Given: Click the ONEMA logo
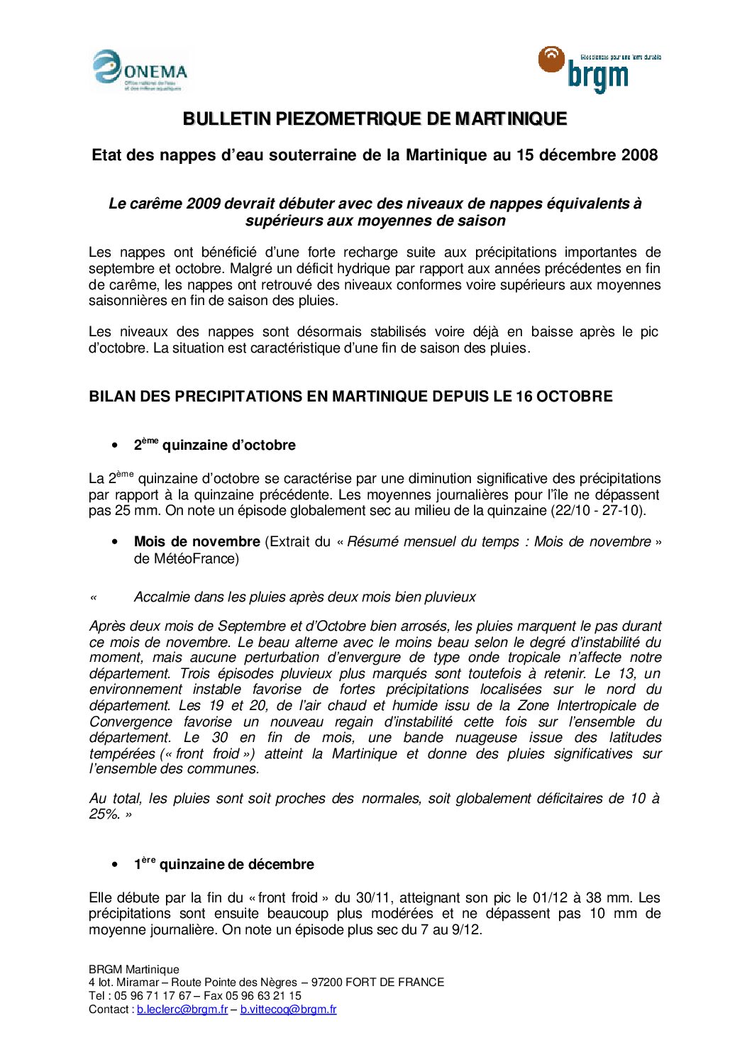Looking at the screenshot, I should coord(140,71).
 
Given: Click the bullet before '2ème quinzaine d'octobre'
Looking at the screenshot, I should coord(115,446).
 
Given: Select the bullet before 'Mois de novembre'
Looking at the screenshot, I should coord(115,542).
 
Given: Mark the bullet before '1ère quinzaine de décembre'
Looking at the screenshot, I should coord(115,865).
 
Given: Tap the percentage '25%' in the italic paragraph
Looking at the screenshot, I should coord(104,814).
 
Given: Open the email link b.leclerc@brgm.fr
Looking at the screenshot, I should coord(182,1010).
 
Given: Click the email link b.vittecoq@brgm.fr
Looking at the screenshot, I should coord(288,1010).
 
